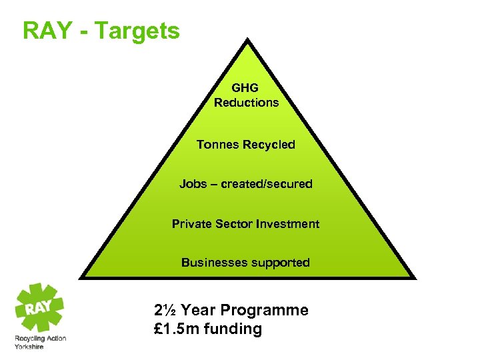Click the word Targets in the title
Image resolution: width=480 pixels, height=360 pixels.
coord(137,31)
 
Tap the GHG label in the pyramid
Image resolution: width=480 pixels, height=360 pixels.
coord(245,87)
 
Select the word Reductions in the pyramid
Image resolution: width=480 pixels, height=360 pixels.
coord(246,103)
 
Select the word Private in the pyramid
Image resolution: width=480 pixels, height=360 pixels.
coord(191,224)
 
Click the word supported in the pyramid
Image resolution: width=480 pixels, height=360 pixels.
coord(280,263)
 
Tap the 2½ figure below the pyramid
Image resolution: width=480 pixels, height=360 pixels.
coord(165,310)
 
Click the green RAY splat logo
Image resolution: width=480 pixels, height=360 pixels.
coord(39,307)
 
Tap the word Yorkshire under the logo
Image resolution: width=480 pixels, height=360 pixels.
coord(29,347)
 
